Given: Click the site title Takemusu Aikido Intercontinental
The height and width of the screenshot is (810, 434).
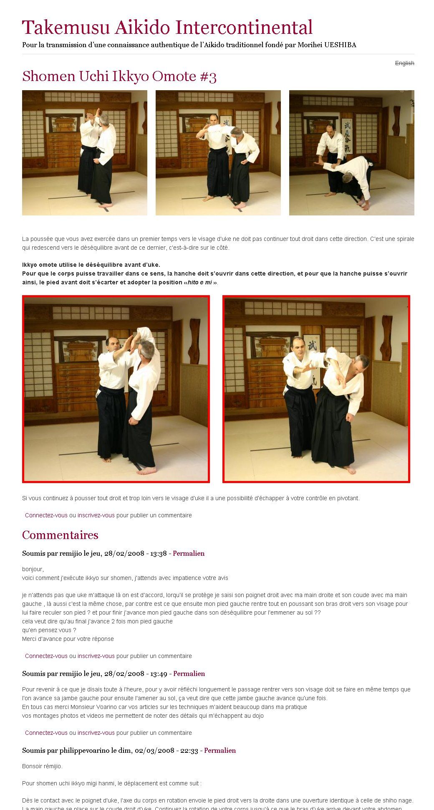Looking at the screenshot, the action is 167,28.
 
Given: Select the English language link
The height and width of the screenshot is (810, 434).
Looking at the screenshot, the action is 404,63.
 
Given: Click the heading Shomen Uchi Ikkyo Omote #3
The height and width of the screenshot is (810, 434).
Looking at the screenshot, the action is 119,76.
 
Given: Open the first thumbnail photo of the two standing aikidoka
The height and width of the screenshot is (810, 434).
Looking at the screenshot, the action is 85,153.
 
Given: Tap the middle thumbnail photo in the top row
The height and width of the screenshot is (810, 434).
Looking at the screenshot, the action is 218,153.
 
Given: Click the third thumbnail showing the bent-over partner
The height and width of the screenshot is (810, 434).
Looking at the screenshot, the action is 352,153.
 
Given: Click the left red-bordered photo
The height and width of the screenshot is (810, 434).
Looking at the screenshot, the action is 116,389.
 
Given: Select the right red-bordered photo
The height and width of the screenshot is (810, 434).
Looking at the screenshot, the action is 316,389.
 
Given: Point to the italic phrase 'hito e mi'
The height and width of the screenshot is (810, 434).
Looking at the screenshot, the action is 199,283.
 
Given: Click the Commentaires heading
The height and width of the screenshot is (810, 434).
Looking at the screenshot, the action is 60,535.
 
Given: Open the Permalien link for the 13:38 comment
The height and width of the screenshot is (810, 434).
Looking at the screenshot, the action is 189,554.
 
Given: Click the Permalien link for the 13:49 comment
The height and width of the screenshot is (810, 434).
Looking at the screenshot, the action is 189,674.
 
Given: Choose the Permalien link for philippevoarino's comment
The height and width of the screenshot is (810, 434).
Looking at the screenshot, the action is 220,751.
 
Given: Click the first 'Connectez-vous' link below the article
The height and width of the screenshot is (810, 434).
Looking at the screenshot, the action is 46,516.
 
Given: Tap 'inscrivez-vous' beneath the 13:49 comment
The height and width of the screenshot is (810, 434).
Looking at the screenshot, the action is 96,733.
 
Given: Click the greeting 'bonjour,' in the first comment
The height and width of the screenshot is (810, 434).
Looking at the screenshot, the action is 33,570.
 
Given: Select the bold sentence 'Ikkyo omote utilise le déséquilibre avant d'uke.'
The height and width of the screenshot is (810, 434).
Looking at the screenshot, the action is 91,265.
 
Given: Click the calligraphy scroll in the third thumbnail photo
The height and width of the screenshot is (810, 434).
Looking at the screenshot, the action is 347,136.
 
